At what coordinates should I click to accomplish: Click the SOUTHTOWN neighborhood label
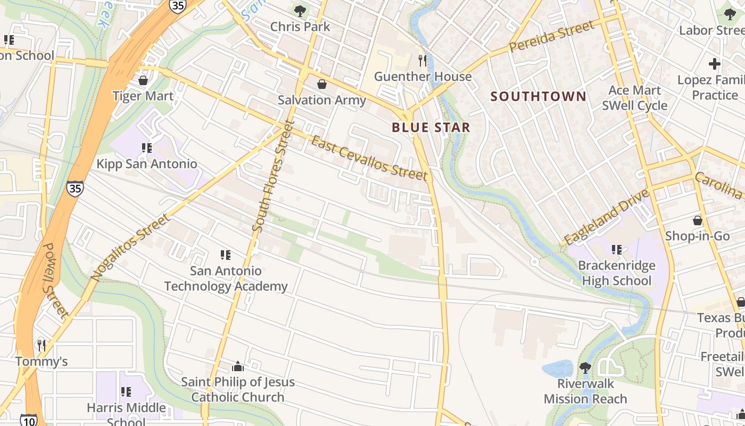pos(538,96)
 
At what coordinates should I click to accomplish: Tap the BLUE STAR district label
pos(431,127)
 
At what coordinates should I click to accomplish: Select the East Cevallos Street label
pos(369,159)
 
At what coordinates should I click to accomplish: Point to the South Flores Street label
pos(273,176)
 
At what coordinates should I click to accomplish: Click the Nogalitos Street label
pos(130,247)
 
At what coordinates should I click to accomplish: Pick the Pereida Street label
pos(551,36)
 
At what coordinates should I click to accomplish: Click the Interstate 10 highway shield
pos(29,420)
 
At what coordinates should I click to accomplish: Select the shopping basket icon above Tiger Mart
pos(143,80)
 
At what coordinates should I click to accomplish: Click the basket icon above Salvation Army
pos(322,84)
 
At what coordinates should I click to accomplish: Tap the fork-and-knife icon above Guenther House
pos(423,60)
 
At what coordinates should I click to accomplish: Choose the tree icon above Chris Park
pos(300,11)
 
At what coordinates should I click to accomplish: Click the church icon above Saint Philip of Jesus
pos(238,366)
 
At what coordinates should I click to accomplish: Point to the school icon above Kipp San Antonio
pos(147,148)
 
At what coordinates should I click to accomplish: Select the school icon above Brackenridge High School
pos(617,249)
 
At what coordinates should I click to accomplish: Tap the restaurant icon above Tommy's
pos(42,346)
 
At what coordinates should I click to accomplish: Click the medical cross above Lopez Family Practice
pos(714,64)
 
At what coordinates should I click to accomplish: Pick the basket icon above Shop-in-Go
pos(697,220)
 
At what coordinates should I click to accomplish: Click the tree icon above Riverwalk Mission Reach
pos(585,367)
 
